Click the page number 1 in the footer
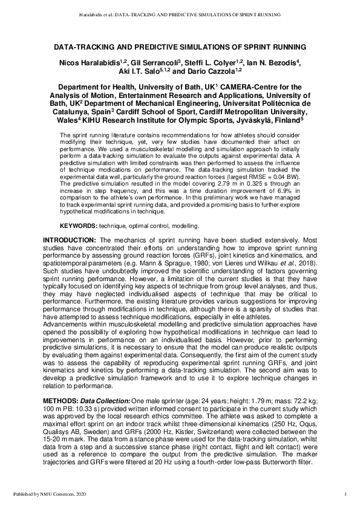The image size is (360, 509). (344, 495)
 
